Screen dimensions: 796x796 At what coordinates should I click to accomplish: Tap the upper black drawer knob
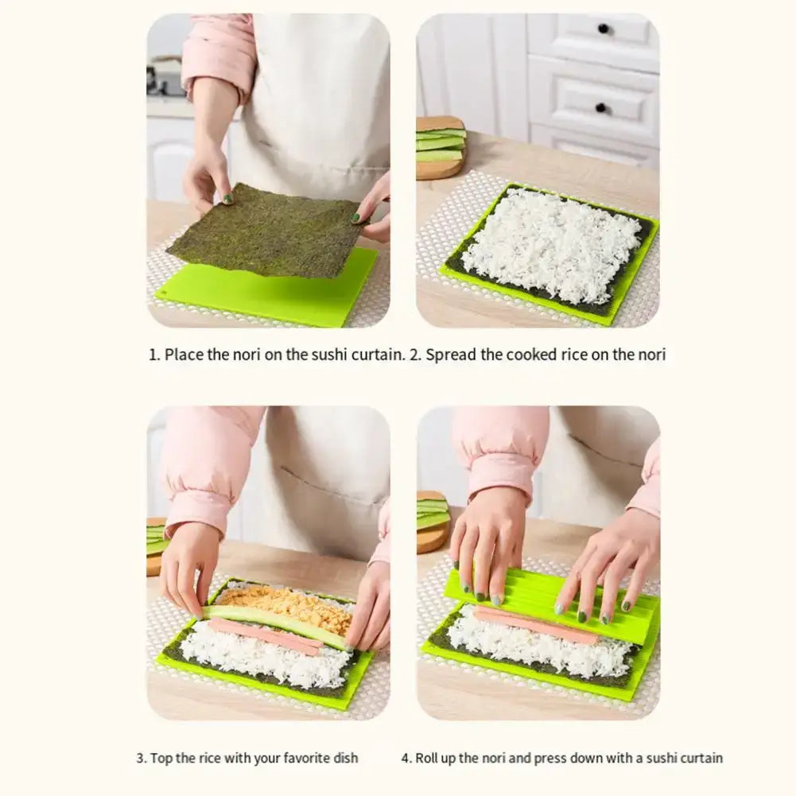[x=603, y=29]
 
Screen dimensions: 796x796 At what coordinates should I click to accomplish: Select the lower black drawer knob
[x=601, y=108]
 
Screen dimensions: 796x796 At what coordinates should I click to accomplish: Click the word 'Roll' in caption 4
[x=425, y=758]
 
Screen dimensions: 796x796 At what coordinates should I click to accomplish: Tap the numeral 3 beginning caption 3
[x=141, y=758]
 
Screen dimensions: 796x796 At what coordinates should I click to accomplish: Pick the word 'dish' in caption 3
[x=346, y=758]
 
